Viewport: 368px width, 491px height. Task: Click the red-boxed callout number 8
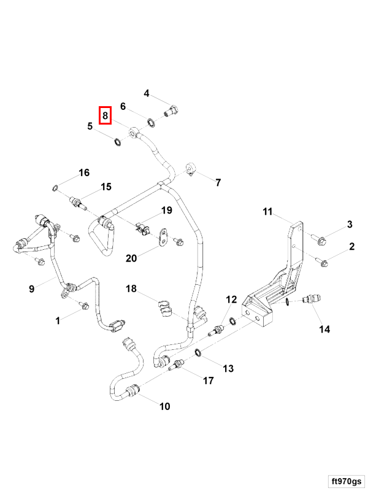coord(105,115)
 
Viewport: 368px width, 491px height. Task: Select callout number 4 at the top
coord(147,93)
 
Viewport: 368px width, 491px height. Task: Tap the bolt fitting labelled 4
coord(171,112)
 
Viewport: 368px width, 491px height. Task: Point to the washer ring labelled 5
coord(115,143)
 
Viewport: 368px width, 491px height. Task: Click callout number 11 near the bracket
coord(267,212)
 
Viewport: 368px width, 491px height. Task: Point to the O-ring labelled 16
coord(55,187)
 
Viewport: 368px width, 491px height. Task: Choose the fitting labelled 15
coord(77,201)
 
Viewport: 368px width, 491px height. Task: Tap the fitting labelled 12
coord(215,331)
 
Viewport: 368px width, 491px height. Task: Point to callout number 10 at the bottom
coord(165,406)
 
